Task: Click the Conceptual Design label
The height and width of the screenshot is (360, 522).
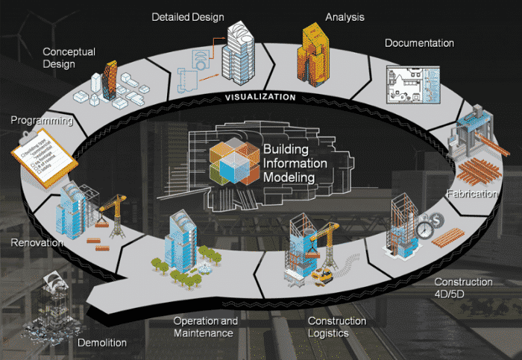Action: [x=69, y=57]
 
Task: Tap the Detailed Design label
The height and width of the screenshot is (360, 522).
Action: [x=187, y=16]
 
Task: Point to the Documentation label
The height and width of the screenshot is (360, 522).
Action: [x=419, y=42]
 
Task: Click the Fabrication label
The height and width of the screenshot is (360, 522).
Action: [x=471, y=194]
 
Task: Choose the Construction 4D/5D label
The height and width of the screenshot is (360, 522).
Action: [x=463, y=288]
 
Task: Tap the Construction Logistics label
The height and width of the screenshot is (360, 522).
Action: [x=337, y=327]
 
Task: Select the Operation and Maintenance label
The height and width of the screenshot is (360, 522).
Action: [x=205, y=327]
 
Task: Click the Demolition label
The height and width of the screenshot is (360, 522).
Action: [x=102, y=343]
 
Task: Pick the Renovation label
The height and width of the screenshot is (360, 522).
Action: [x=37, y=242]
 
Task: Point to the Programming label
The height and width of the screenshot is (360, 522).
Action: [x=41, y=119]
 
